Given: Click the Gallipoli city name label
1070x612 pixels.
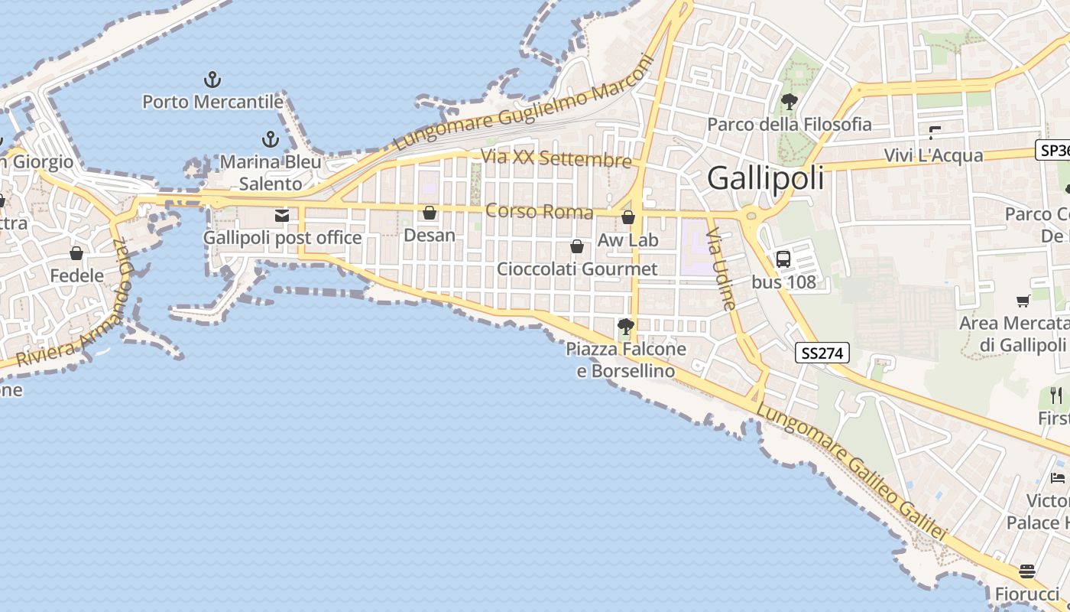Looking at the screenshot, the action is [x=766, y=178].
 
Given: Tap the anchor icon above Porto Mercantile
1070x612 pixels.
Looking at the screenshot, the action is [x=212, y=79].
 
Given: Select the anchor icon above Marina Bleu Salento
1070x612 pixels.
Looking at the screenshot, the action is [x=270, y=139].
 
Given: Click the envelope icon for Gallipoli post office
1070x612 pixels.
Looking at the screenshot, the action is [x=282, y=216].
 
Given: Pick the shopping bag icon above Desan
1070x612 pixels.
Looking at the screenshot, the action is [x=430, y=212].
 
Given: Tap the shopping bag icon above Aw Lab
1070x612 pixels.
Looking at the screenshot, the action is [x=628, y=217].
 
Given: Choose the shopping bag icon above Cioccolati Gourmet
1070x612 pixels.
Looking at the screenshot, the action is [x=577, y=246].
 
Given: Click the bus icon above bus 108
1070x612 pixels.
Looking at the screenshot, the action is [x=783, y=259].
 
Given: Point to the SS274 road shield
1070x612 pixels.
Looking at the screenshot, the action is [x=822, y=353].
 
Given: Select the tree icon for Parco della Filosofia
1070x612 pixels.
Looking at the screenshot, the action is [x=790, y=101].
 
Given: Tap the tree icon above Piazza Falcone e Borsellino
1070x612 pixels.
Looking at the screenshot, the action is [x=625, y=327].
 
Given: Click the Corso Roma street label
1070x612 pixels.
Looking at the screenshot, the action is [x=540, y=211].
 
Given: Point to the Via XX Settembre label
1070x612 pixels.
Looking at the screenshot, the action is [x=556, y=158].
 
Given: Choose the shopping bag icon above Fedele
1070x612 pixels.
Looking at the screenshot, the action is [x=76, y=253].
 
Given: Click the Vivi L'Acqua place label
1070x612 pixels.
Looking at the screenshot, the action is [x=933, y=155].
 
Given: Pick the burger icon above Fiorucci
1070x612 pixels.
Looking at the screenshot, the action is [x=1026, y=571].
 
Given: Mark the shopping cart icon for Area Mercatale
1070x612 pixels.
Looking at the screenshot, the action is [x=1023, y=301].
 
